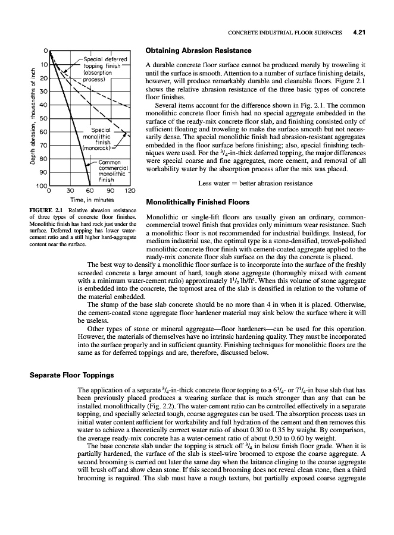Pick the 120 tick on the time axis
click(x=129, y=191)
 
